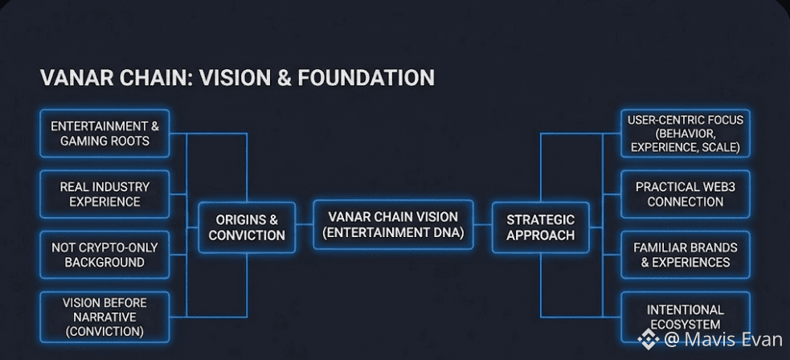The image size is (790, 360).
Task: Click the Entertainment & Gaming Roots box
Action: click(x=104, y=133)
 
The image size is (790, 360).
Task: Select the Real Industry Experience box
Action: click(x=104, y=194)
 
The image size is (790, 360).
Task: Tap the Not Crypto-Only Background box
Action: click(x=104, y=255)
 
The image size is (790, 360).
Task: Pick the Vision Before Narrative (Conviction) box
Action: click(x=104, y=317)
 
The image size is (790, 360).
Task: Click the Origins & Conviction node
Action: click(x=247, y=227)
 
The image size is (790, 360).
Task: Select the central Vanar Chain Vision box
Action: click(x=393, y=225)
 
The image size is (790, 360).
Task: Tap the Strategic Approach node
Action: click(x=540, y=227)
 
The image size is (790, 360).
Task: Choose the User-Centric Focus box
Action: click(x=686, y=133)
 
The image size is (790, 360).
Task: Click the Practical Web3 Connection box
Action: click(x=686, y=194)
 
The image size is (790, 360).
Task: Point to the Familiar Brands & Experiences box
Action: click(x=686, y=255)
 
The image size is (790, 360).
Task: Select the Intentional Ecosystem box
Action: click(x=686, y=317)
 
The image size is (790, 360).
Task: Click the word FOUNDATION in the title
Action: click(x=366, y=78)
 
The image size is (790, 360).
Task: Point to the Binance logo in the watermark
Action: click(x=649, y=339)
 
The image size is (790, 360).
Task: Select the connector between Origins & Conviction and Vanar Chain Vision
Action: click(x=304, y=226)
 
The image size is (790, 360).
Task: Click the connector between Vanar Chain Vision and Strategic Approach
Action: click(x=483, y=226)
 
